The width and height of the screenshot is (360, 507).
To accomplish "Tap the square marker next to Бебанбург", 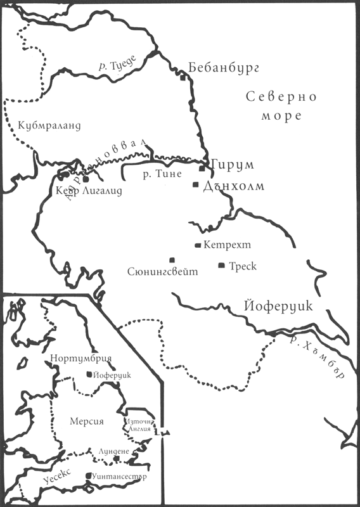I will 183,79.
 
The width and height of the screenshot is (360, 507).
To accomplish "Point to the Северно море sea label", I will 273,107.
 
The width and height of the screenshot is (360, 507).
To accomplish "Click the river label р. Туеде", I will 115,61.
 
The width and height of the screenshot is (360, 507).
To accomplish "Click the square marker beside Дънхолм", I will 196,184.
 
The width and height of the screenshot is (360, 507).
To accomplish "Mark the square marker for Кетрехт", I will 198,245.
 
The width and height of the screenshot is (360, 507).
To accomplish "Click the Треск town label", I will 242,266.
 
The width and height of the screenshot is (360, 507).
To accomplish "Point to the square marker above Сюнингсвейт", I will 172,259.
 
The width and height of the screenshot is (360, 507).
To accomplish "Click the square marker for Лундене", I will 116,459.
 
